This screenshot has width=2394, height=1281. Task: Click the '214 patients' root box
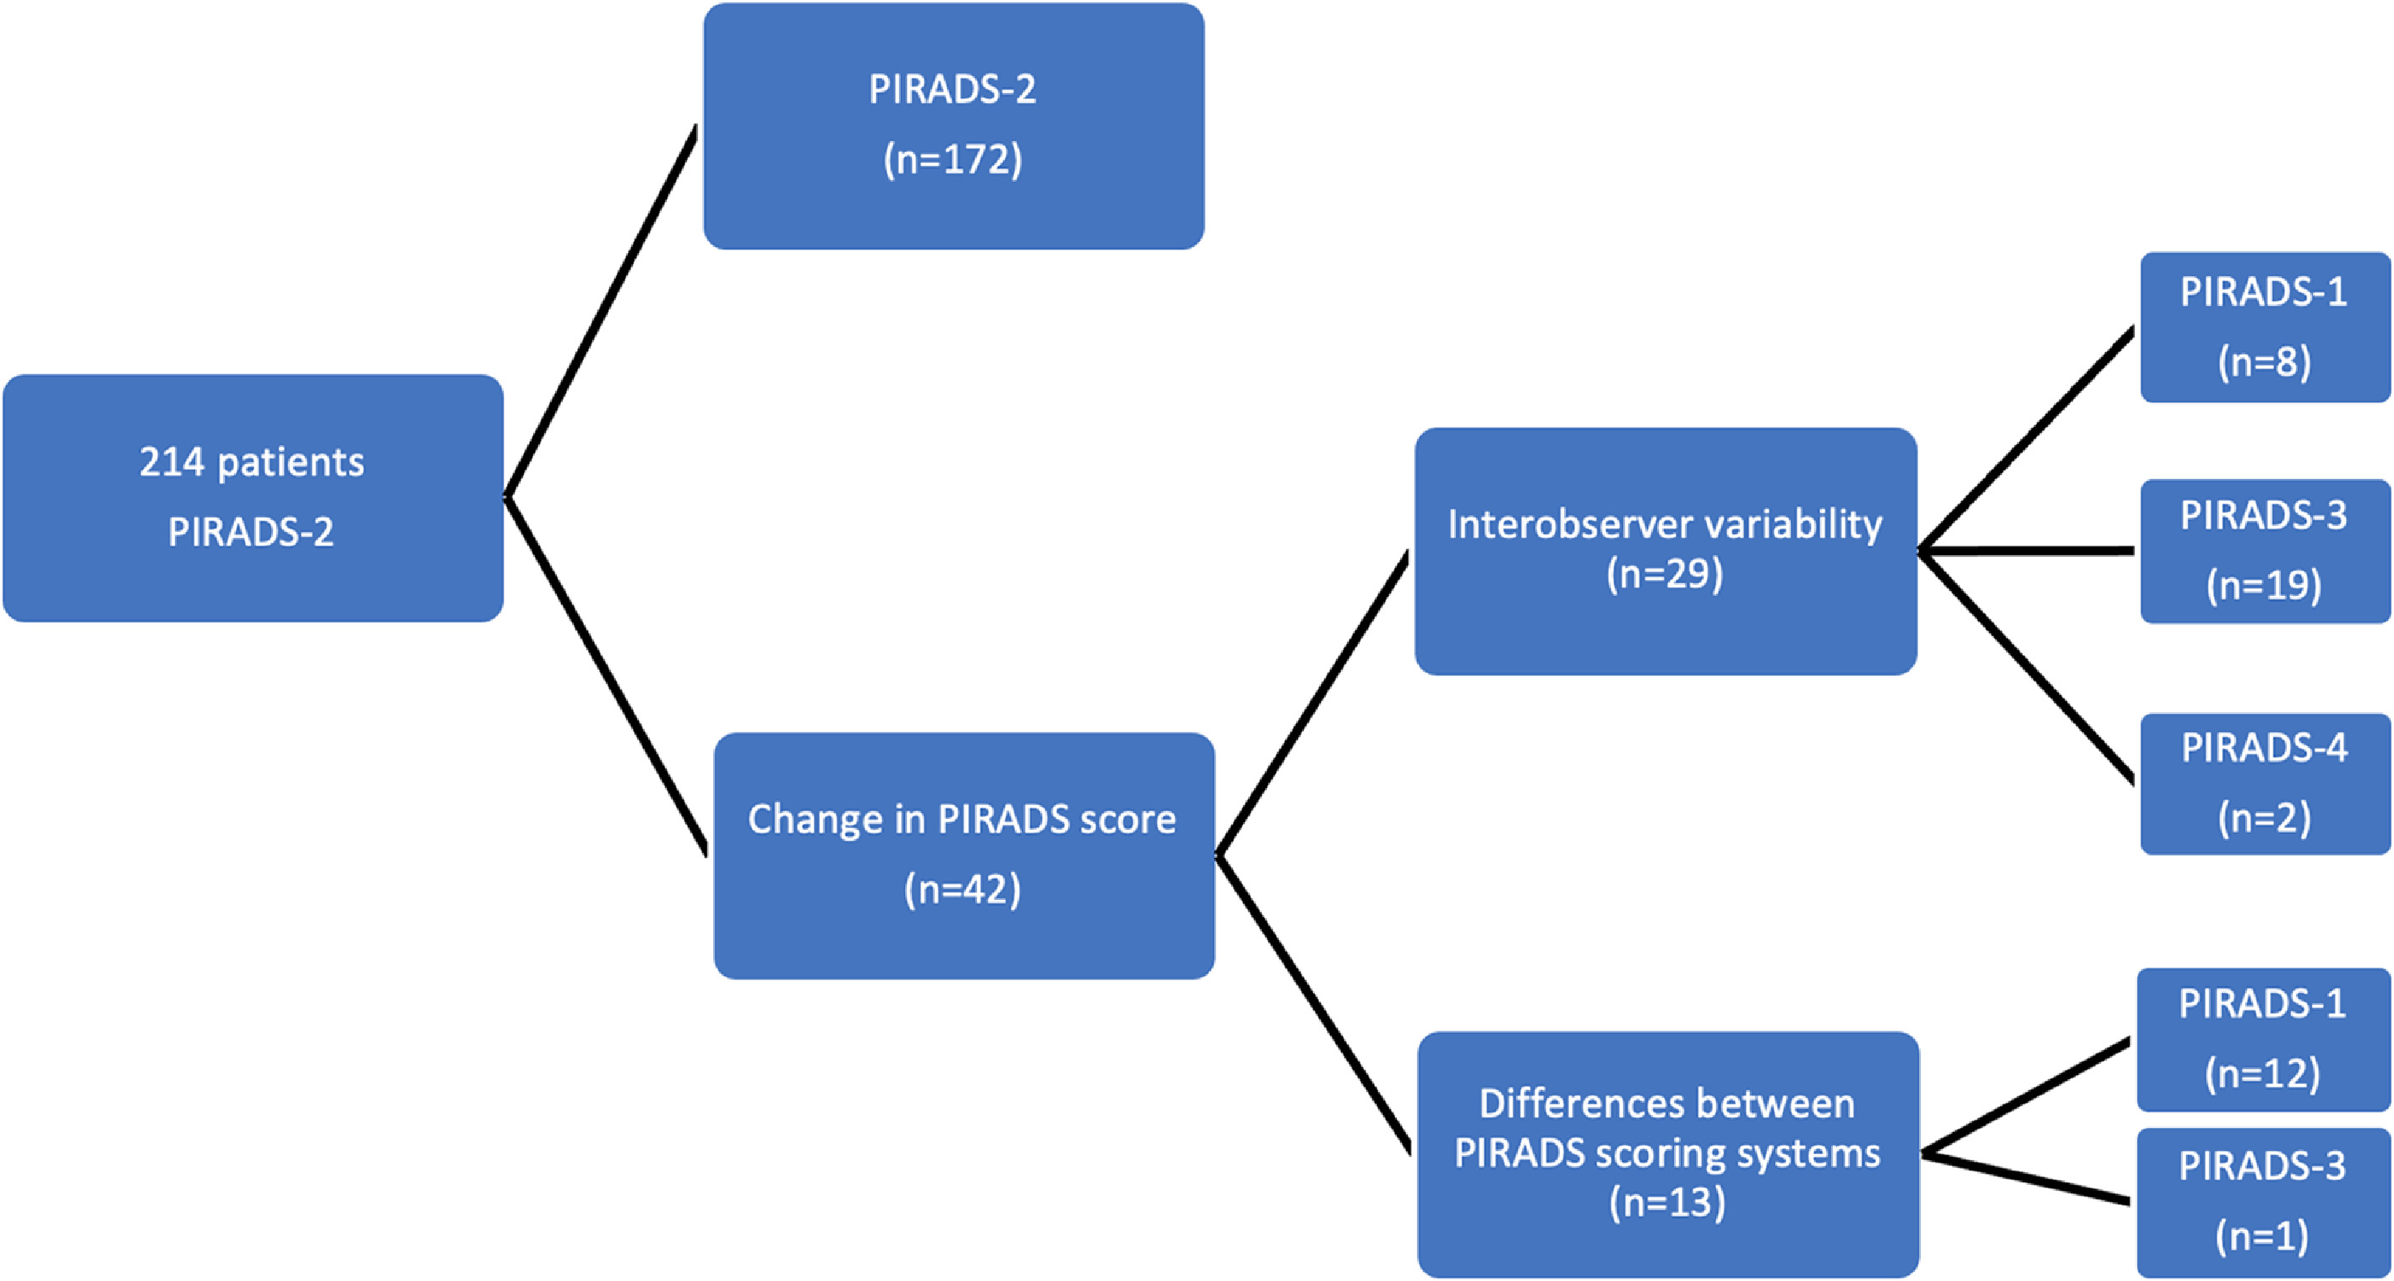tap(253, 499)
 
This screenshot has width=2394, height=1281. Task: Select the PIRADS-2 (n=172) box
tap(953, 126)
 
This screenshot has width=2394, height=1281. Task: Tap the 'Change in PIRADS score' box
tap(963, 855)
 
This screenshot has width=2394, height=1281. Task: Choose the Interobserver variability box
tap(1666, 551)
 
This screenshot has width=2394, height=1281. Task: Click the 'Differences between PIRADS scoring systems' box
tap(1668, 1154)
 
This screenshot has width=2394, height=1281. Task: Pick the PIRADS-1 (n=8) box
tap(2265, 327)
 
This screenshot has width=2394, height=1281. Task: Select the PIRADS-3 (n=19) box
tap(2265, 551)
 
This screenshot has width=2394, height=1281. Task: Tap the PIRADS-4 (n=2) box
tap(2265, 783)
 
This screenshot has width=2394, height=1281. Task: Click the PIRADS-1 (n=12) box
tap(2263, 1040)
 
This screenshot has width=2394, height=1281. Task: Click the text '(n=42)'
tap(963, 890)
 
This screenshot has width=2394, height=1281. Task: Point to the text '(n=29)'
tap(1666, 574)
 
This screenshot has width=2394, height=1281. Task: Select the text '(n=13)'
tap(1668, 1202)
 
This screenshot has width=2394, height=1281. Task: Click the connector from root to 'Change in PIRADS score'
tap(606, 676)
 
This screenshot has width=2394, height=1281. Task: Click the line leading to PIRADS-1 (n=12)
tap(2026, 1097)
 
